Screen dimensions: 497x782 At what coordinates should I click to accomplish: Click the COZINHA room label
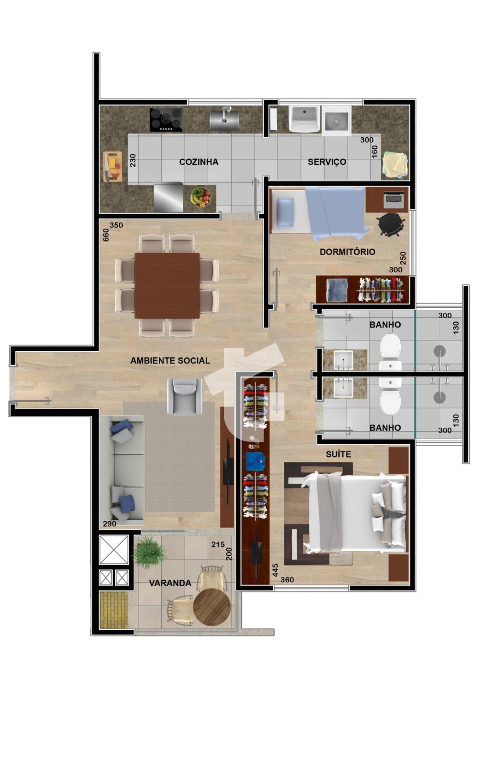click(x=198, y=162)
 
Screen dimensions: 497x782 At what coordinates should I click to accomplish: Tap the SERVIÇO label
click(x=326, y=162)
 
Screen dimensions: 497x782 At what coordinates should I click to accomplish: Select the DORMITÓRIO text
click(x=347, y=252)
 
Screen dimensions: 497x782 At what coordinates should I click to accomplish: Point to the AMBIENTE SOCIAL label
click(x=170, y=361)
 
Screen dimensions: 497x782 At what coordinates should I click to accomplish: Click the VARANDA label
click(x=170, y=583)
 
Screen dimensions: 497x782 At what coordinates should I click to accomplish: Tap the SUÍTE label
click(x=338, y=454)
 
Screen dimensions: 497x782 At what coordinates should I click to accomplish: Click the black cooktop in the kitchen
click(x=166, y=120)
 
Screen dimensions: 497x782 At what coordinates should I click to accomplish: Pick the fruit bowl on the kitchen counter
click(x=200, y=197)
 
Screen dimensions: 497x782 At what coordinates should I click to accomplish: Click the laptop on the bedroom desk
click(x=393, y=198)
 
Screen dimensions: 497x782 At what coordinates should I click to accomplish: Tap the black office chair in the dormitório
click(x=390, y=224)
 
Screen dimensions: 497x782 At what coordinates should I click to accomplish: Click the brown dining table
click(x=167, y=285)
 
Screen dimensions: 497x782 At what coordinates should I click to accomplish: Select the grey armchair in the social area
click(x=184, y=397)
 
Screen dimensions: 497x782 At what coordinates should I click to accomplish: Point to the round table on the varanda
click(x=212, y=607)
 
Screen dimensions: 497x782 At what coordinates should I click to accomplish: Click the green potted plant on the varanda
click(x=150, y=552)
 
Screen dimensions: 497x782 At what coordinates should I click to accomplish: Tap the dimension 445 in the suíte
click(x=275, y=570)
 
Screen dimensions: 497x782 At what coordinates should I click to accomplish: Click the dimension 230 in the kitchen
click(x=132, y=160)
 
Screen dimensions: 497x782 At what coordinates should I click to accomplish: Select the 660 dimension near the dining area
click(x=106, y=235)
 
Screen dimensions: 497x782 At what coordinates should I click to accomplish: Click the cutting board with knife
click(x=113, y=167)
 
